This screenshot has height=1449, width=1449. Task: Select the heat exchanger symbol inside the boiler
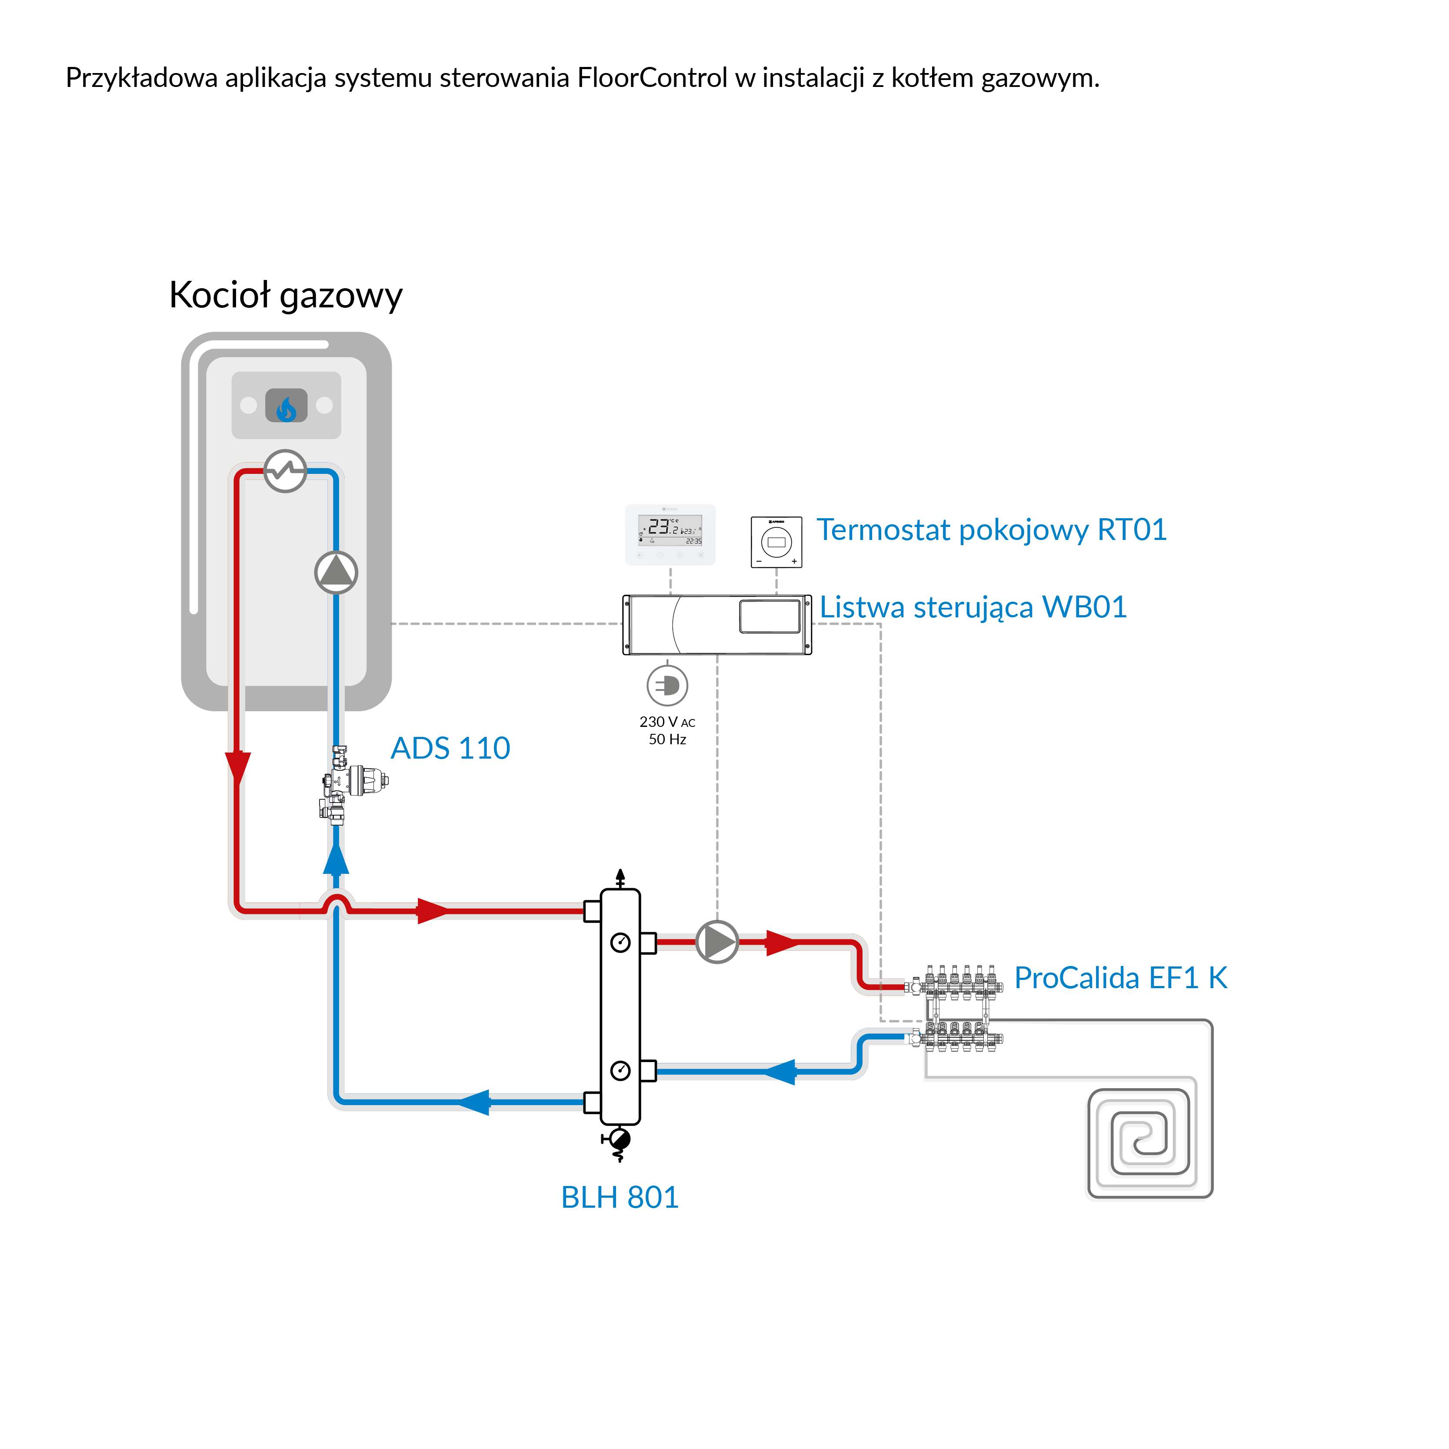coord(285,471)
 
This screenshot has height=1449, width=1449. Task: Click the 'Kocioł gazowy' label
coord(285,295)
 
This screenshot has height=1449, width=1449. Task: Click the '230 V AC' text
coord(667,722)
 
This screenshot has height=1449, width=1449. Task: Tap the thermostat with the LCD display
coord(670,534)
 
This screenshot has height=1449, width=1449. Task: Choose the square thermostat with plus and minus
coord(776,542)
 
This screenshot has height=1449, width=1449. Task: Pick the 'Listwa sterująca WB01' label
coord(973,607)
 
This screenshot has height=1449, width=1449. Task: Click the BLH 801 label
coord(620,1197)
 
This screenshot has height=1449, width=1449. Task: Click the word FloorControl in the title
coord(652,78)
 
